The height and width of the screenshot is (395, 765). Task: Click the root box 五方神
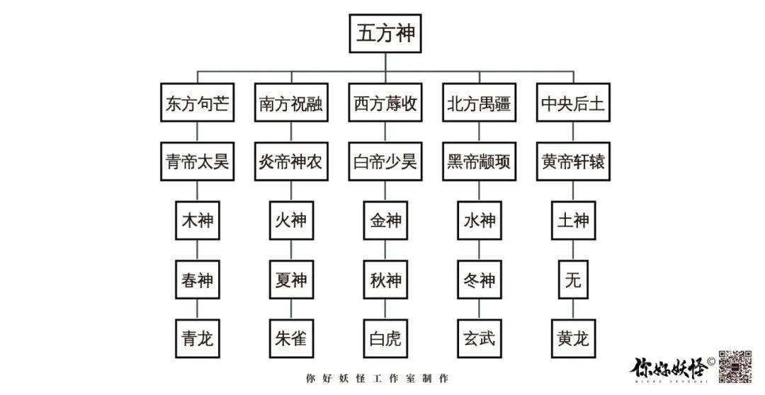pyautogui.click(x=385, y=34)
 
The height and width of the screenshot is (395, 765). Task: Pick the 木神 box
pyautogui.click(x=197, y=221)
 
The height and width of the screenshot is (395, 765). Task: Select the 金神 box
pyautogui.click(x=385, y=221)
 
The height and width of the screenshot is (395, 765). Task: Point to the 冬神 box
pyautogui.click(x=480, y=280)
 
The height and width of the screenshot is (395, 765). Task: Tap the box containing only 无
pyautogui.click(x=573, y=280)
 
